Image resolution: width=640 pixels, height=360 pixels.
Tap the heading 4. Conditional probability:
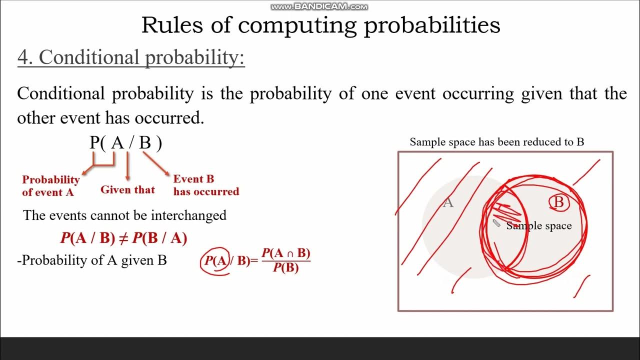click(x=131, y=57)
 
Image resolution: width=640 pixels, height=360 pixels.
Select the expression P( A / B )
click(x=126, y=143)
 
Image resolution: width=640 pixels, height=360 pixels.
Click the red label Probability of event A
click(x=50, y=186)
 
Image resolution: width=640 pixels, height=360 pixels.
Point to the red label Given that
click(x=127, y=190)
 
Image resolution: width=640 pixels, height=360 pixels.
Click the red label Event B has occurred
click(x=205, y=185)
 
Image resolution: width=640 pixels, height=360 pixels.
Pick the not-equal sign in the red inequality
click(x=123, y=238)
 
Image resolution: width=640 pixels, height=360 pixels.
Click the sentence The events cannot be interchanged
click(x=124, y=215)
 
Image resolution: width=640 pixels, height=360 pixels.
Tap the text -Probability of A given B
click(x=92, y=260)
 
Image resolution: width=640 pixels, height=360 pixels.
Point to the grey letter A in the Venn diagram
click(x=448, y=202)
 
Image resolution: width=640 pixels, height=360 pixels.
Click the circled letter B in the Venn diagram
click(x=559, y=202)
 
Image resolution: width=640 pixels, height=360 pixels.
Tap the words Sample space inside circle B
click(x=539, y=226)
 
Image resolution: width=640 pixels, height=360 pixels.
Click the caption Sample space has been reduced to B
click(x=496, y=142)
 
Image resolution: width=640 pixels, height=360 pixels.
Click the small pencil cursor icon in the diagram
click(x=496, y=223)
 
